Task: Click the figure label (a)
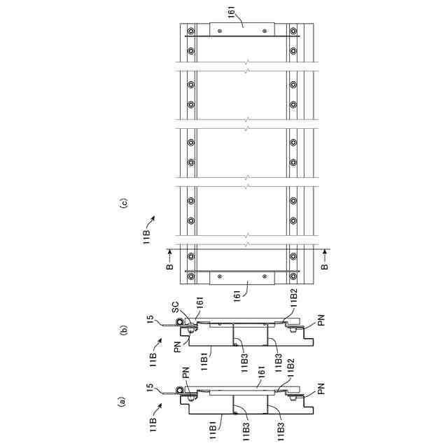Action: point(123,401)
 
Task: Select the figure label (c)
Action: point(123,204)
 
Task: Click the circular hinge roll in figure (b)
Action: point(181,323)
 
